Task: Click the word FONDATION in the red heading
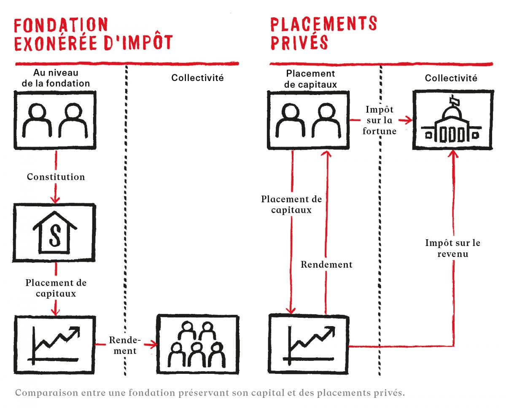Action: point(61,25)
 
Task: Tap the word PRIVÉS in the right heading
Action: point(299,42)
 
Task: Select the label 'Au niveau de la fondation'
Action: point(56,78)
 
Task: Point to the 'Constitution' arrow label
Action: point(56,177)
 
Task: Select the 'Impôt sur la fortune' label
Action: point(379,120)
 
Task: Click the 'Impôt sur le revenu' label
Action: point(453,248)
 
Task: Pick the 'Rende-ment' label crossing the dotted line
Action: point(125,346)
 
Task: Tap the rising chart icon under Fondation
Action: point(54,345)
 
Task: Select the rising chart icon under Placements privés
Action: point(308,344)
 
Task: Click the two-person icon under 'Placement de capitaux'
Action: point(308,120)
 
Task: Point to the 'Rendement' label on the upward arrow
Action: point(327,265)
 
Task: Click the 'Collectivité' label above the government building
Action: point(451,78)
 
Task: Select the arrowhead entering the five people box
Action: point(153,345)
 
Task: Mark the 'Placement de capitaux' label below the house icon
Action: point(56,288)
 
